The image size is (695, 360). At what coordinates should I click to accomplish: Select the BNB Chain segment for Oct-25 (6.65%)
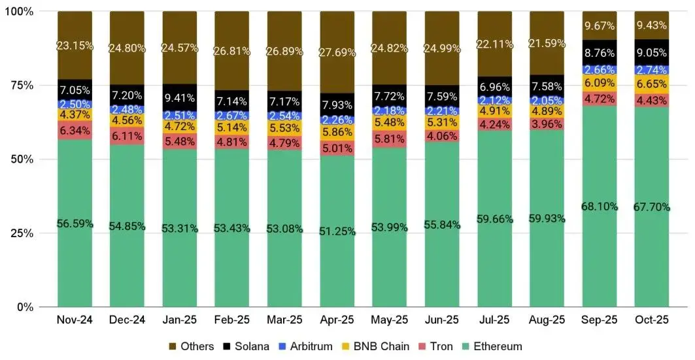pos(651,84)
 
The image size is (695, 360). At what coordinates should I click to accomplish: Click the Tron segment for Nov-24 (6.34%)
pos(75,129)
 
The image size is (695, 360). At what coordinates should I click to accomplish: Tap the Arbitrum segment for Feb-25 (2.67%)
pos(231,115)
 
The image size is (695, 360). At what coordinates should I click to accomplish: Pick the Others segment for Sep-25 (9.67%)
pos(599,25)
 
